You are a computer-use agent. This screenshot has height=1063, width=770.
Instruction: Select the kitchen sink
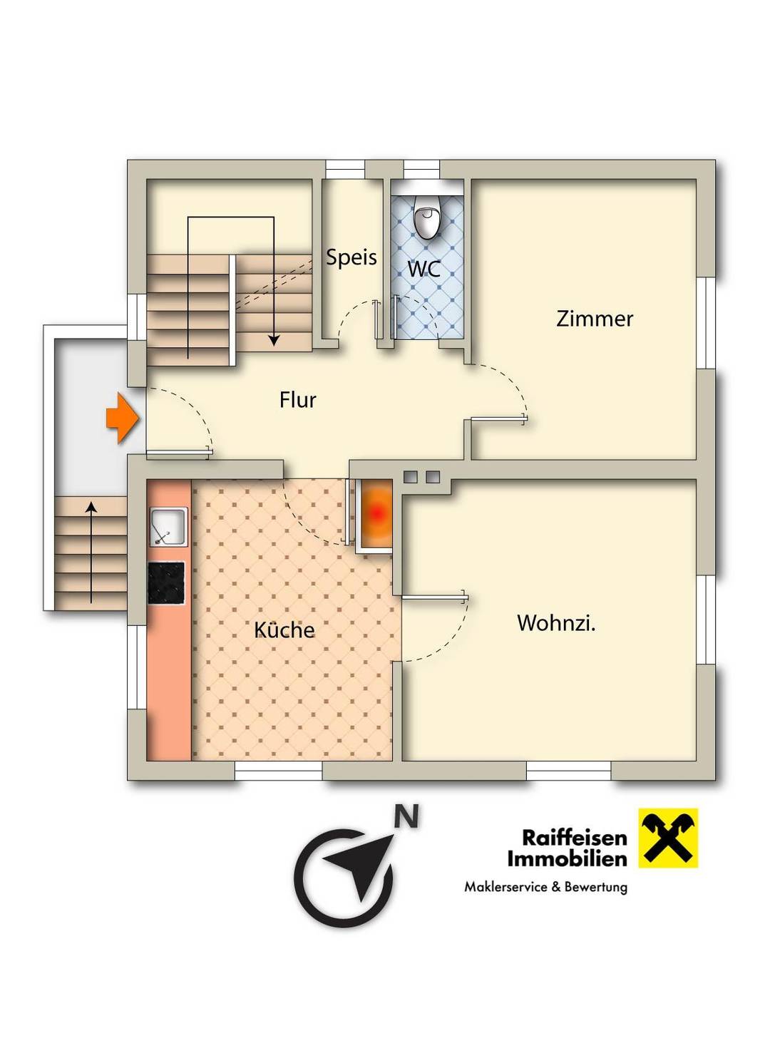[x=169, y=526]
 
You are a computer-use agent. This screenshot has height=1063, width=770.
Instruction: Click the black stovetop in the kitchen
[x=167, y=583]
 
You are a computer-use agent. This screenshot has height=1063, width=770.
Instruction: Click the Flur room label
[x=297, y=401]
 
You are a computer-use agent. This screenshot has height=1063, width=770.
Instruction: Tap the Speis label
[x=351, y=257]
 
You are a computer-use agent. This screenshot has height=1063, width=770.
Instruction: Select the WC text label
[x=424, y=269]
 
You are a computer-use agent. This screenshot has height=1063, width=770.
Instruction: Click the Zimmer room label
[x=595, y=319]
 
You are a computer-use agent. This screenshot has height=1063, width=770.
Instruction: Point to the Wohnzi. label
[x=556, y=623]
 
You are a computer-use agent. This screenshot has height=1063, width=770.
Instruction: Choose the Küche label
[x=284, y=630]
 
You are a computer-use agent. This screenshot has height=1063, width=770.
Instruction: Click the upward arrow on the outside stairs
[x=91, y=553]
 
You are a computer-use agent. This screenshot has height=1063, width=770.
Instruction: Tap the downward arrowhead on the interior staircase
[x=274, y=341]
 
